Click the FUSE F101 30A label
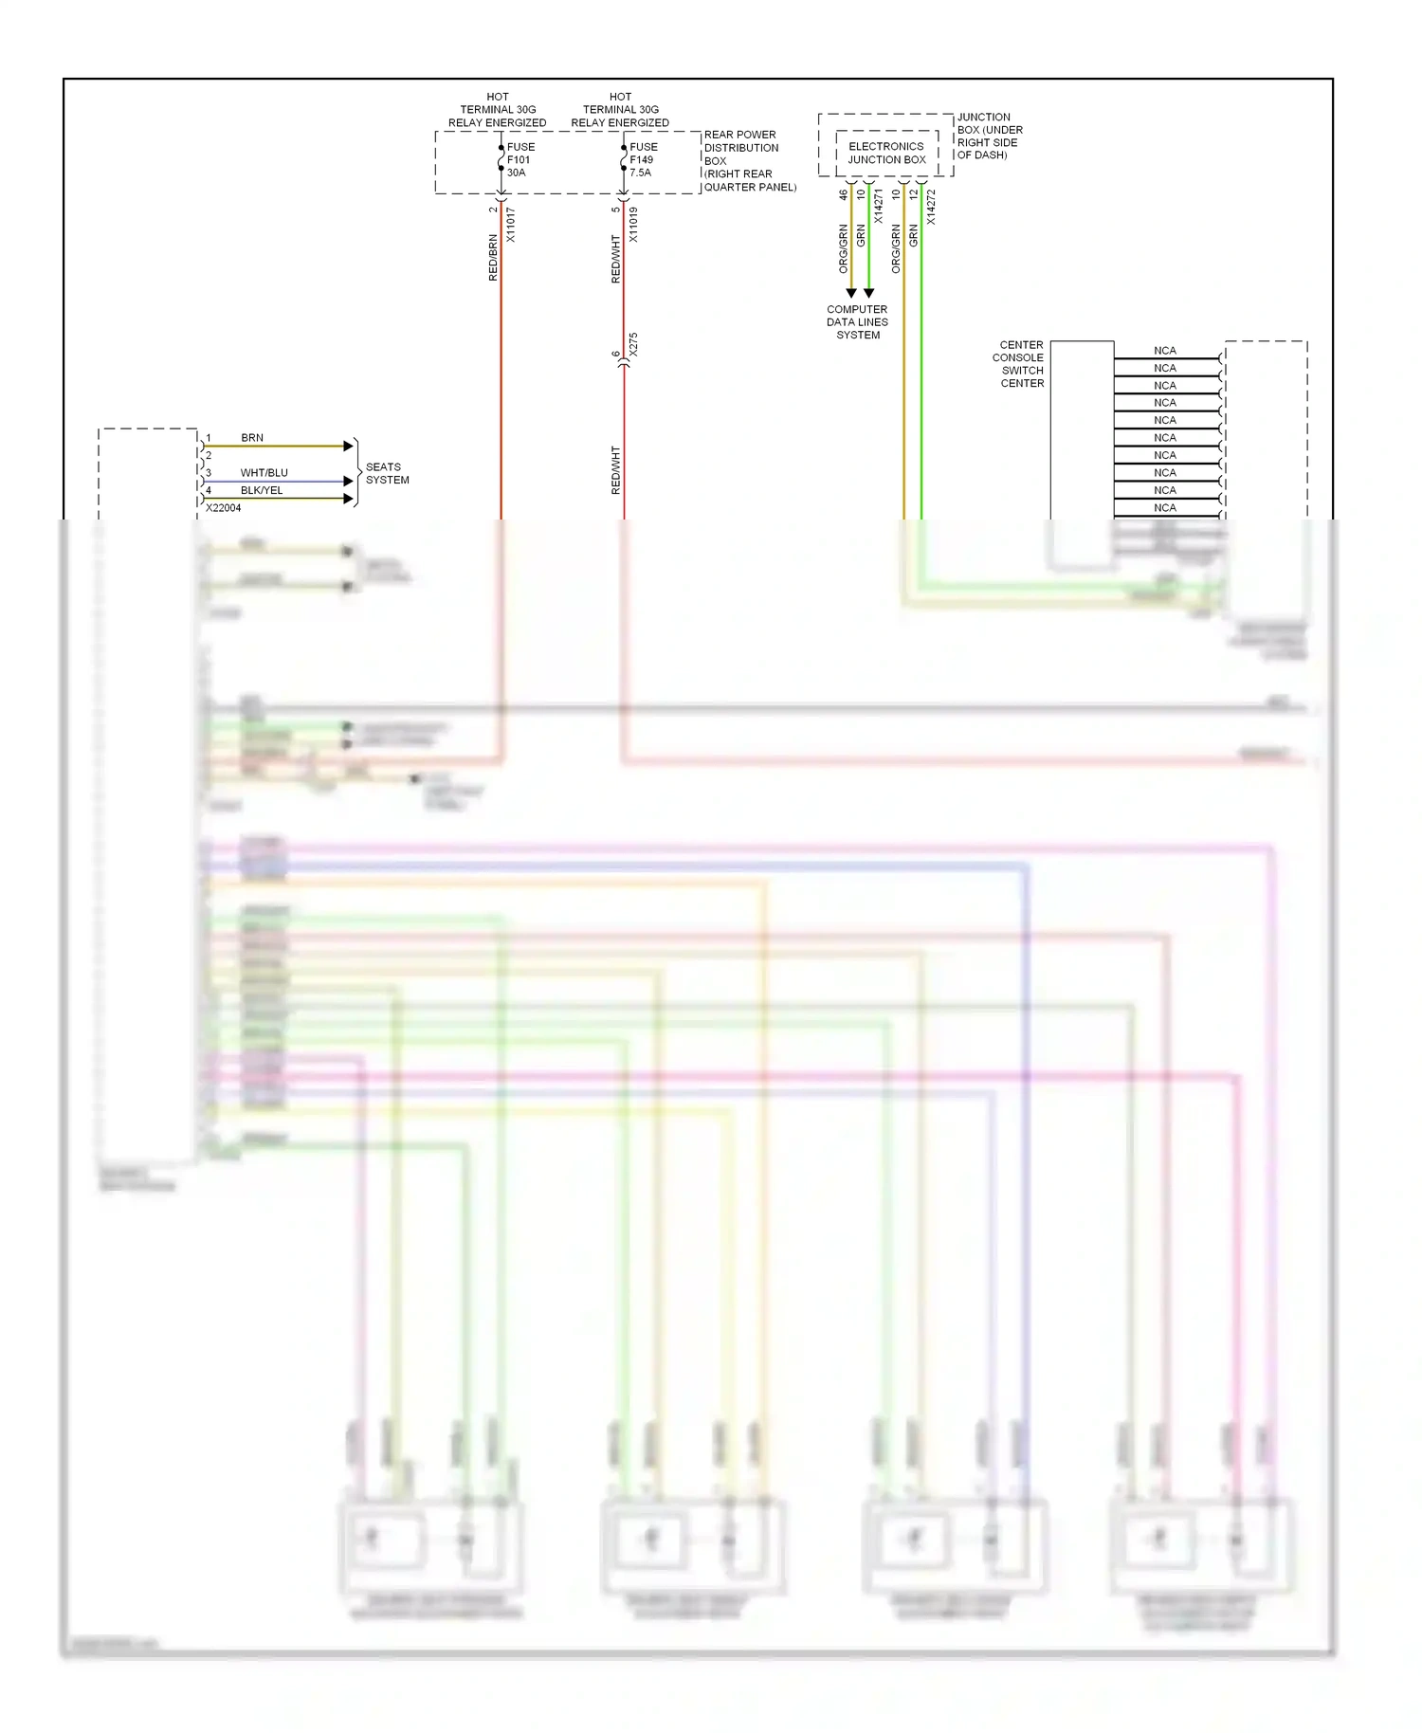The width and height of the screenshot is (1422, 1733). (520, 159)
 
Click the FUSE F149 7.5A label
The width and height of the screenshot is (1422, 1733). (642, 159)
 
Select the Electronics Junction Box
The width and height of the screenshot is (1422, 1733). (886, 153)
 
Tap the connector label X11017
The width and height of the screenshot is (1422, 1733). (510, 225)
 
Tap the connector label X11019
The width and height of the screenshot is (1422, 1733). (633, 225)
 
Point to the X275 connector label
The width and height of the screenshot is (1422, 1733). (633, 344)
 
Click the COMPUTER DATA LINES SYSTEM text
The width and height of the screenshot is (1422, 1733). (857, 322)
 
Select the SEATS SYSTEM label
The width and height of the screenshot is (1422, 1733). (387, 473)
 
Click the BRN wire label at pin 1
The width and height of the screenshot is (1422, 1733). (252, 438)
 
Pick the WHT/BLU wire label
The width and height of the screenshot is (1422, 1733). (264, 472)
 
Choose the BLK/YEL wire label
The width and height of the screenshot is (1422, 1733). (262, 490)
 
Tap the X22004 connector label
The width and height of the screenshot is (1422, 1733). (224, 508)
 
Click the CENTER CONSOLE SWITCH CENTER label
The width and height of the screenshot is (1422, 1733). (1021, 364)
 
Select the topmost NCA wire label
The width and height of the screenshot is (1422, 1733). (1165, 351)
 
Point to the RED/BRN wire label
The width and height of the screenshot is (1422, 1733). (493, 257)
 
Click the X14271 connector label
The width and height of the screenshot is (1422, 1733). (879, 207)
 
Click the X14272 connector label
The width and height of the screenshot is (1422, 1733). (931, 207)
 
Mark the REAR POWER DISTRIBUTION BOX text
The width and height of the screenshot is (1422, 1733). (749, 161)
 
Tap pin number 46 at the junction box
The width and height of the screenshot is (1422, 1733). (843, 195)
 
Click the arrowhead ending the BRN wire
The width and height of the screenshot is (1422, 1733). (348, 446)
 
